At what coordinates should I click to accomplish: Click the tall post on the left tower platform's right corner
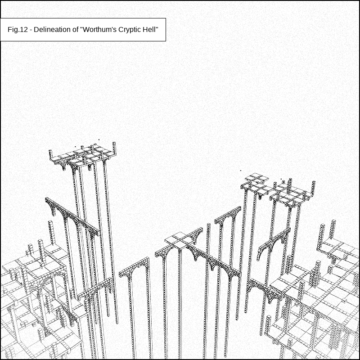[x=114, y=148]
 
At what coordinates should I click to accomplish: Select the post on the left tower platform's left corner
[x=51, y=154]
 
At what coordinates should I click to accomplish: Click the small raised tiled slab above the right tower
[x=256, y=178]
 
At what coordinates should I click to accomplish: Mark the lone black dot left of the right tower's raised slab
[x=241, y=171]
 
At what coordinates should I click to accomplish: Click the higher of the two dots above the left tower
[x=99, y=139]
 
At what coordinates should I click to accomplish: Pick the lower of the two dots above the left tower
[x=75, y=147]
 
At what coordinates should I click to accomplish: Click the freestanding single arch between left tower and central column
[x=135, y=269]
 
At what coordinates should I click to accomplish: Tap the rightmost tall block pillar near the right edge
[x=333, y=229]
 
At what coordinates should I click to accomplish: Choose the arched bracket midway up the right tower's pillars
[x=273, y=244]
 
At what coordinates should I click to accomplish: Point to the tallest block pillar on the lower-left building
[x=51, y=232]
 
